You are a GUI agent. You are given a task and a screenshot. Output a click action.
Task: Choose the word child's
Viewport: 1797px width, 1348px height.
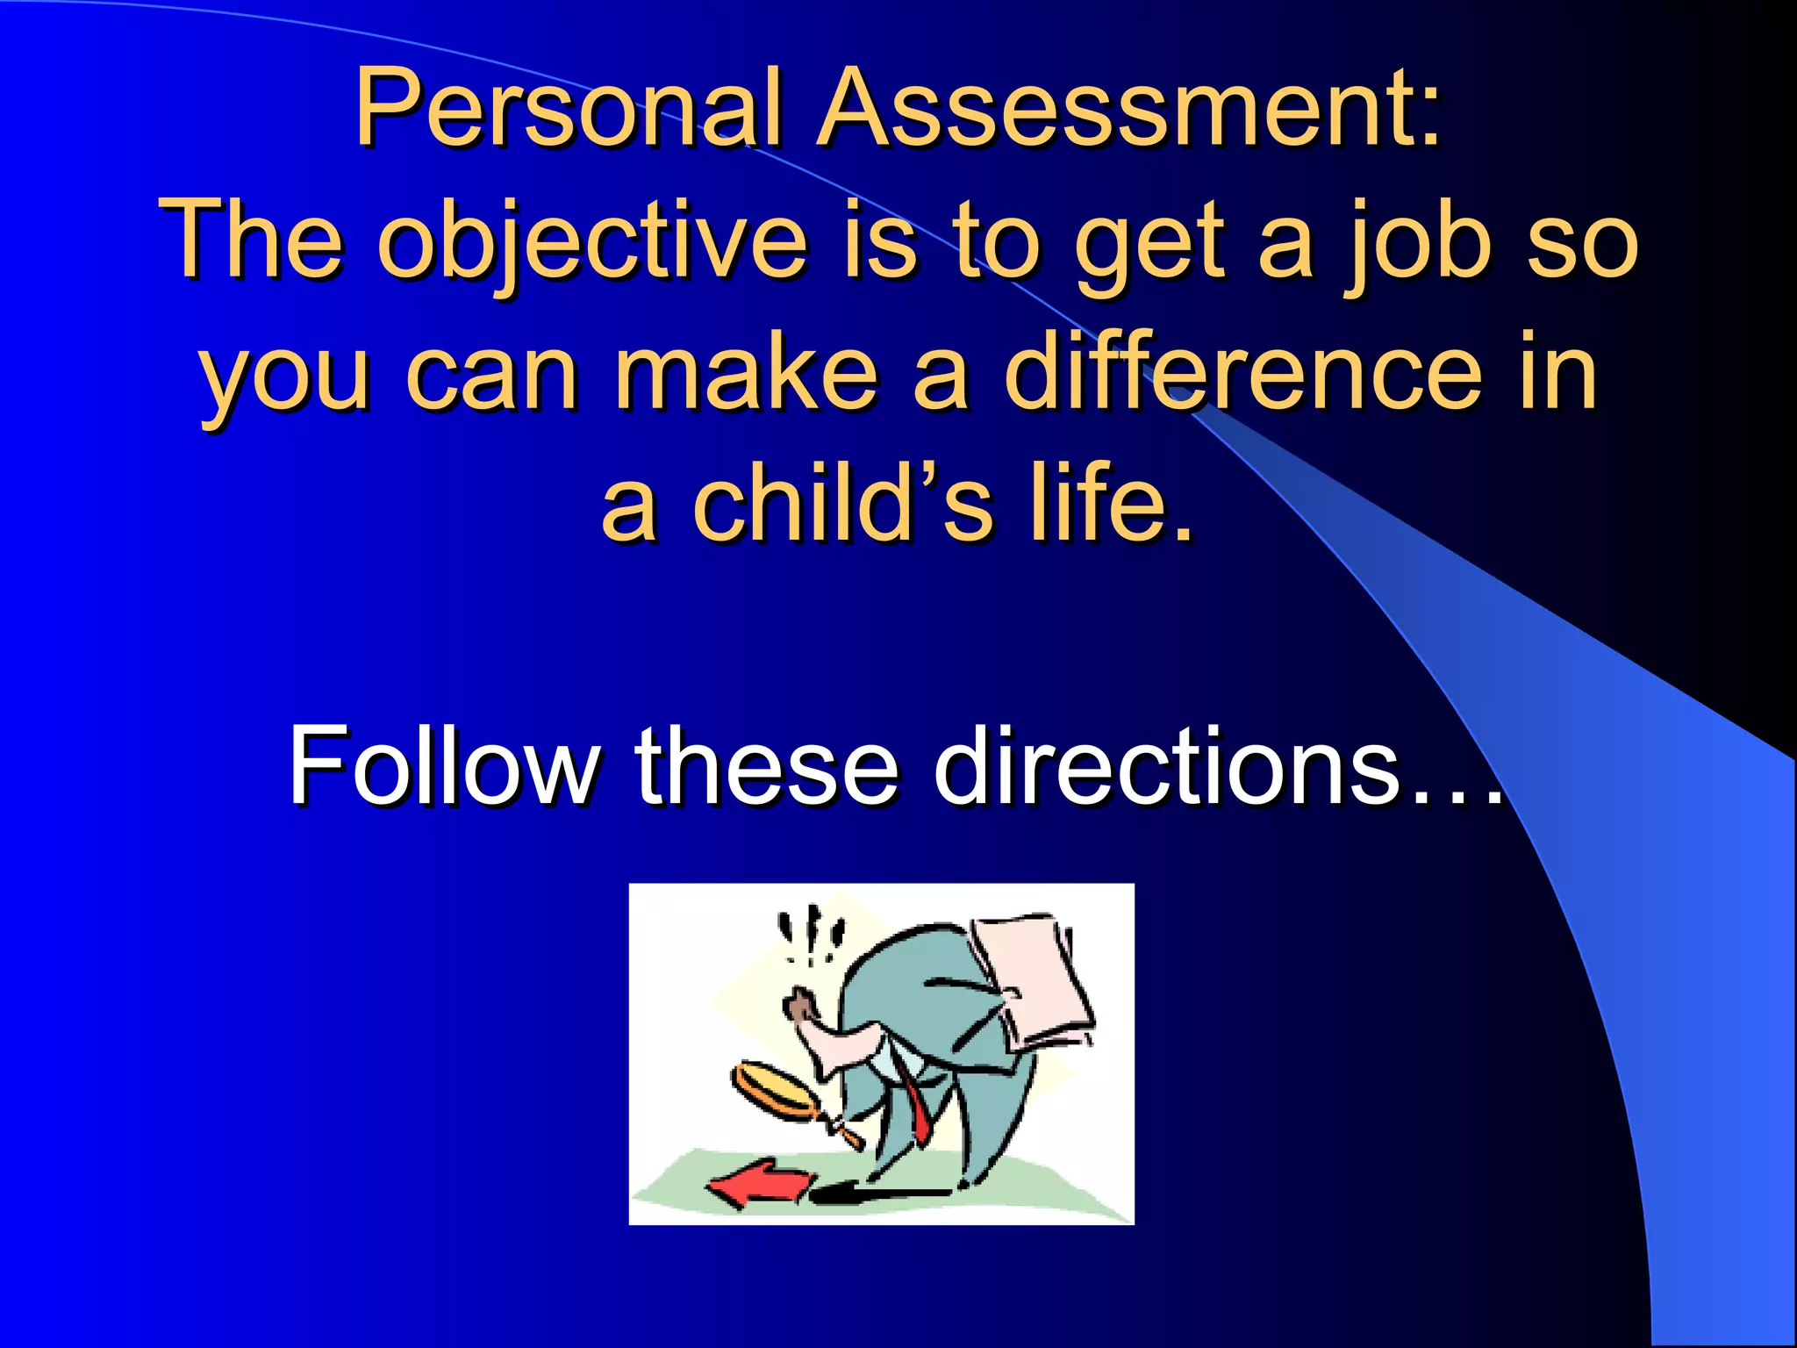tap(842, 504)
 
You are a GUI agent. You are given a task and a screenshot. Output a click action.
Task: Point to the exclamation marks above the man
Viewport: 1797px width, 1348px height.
tap(812, 936)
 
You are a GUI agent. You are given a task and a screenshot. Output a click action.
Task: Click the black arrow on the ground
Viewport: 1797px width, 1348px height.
tap(877, 1194)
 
